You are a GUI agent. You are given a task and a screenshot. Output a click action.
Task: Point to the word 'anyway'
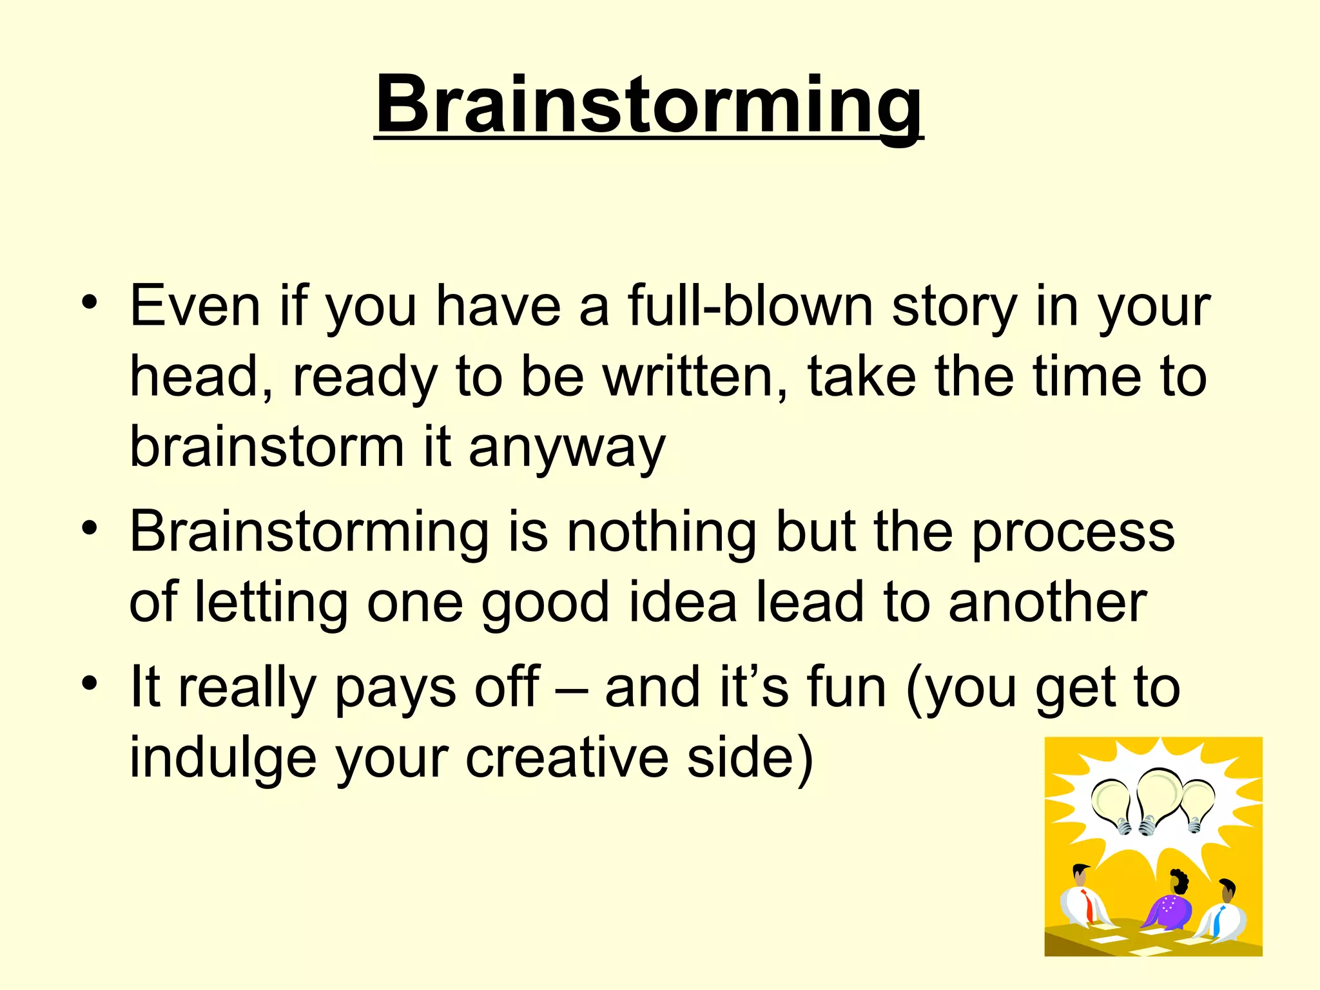[x=567, y=448]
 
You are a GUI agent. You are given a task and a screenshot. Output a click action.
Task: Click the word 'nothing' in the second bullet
[x=661, y=532]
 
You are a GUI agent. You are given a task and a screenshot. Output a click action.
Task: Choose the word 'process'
[x=1072, y=534]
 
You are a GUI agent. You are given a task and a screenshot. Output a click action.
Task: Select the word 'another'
[x=1048, y=602]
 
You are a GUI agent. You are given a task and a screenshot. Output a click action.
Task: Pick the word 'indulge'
[x=223, y=758]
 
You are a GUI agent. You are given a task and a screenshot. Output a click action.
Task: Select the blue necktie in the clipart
[x=1218, y=921]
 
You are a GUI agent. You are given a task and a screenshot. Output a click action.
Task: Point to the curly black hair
[x=1179, y=879]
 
